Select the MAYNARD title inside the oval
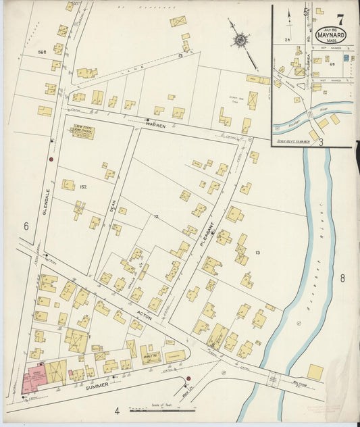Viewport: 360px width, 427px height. click(330, 34)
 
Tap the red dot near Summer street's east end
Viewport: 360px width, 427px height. click(188, 378)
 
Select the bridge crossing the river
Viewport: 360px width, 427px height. click(274, 379)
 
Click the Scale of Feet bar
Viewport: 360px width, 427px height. click(161, 409)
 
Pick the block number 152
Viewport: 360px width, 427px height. click(83, 187)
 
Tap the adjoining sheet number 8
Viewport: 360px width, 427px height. click(342, 278)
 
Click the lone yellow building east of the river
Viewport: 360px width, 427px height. click(315, 372)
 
